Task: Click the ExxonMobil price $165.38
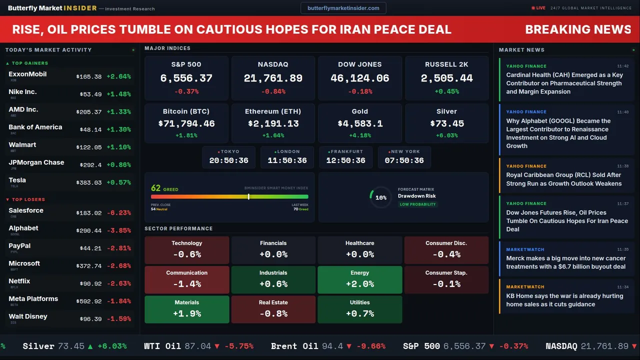pos(89,77)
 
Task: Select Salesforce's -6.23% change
pos(118,213)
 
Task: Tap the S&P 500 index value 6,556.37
pos(186,78)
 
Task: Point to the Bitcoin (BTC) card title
pos(186,111)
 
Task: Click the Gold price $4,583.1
pos(360,123)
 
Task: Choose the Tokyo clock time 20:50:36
pos(229,160)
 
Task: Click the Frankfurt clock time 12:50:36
pos(345,160)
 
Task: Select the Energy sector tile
pos(359,279)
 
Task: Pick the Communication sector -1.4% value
pos(187,284)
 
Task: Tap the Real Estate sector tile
pos(273,309)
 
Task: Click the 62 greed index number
pos(155,188)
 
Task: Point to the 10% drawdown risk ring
pos(380,197)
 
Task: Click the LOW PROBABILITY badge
pos(417,204)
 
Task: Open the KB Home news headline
pos(564,300)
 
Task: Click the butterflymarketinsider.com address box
pos(343,8)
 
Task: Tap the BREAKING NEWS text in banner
pos(578,29)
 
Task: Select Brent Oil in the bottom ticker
pos(294,346)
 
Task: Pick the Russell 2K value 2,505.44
pos(446,78)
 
